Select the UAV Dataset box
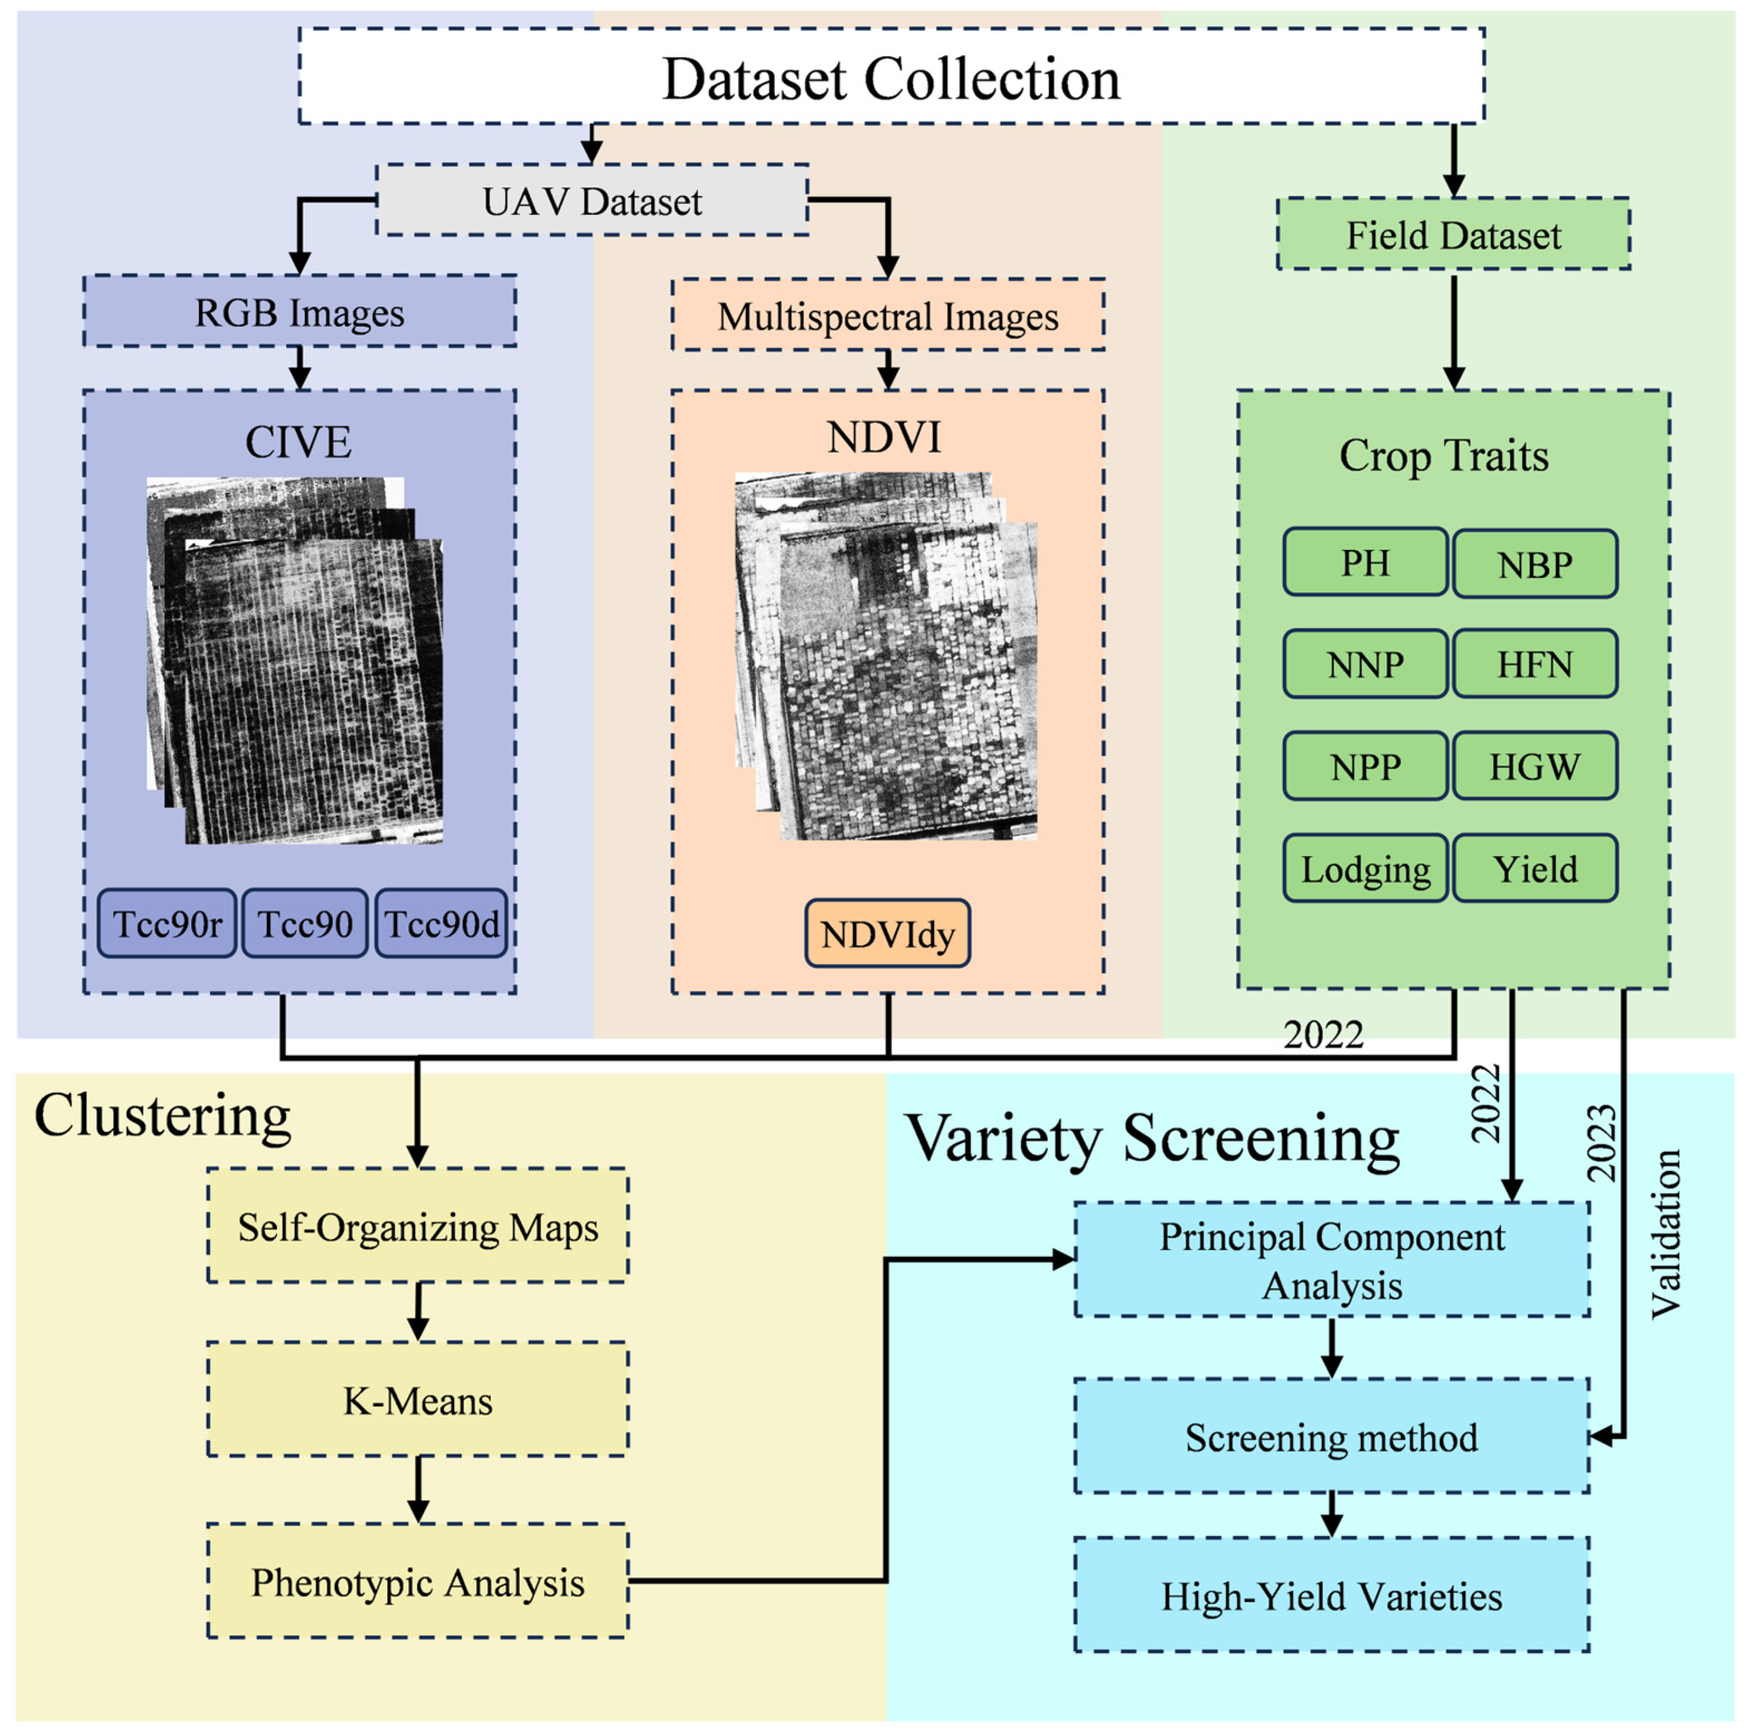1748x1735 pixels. [x=592, y=200]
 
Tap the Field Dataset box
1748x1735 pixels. [x=1453, y=234]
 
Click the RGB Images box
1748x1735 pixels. [x=300, y=311]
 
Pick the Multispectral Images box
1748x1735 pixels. [x=887, y=315]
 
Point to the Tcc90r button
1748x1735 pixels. [x=168, y=923]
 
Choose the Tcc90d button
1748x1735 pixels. [x=442, y=923]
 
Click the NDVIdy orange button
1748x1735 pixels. [x=887, y=934]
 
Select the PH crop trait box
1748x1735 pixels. [x=1364, y=563]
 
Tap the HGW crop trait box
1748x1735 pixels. [x=1534, y=766]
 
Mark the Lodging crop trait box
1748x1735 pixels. [x=1364, y=868]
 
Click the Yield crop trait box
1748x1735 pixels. [x=1534, y=868]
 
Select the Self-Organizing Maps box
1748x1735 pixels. [x=417, y=1226]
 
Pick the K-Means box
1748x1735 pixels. [x=417, y=1399]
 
